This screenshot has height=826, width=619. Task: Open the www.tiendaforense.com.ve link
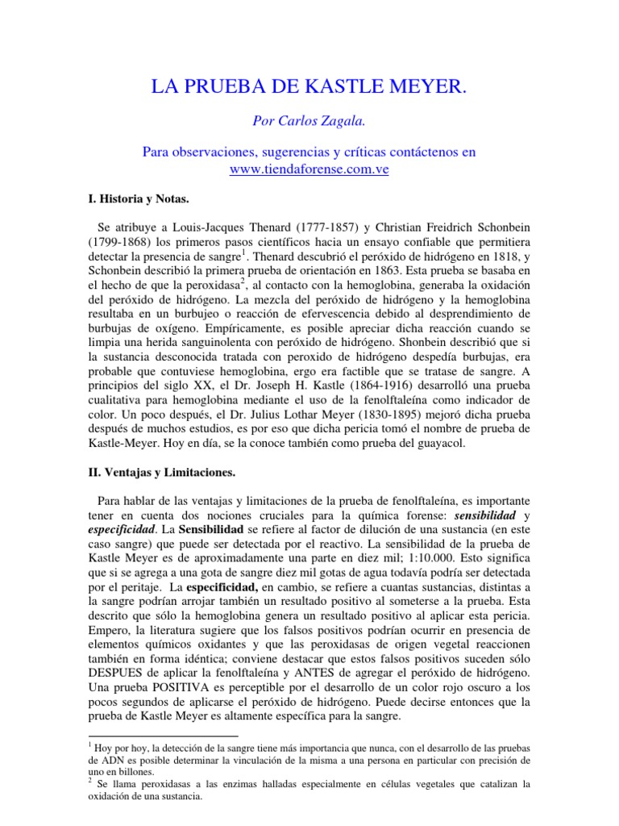[309, 169]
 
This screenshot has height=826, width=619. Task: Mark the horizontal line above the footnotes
[161, 736]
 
